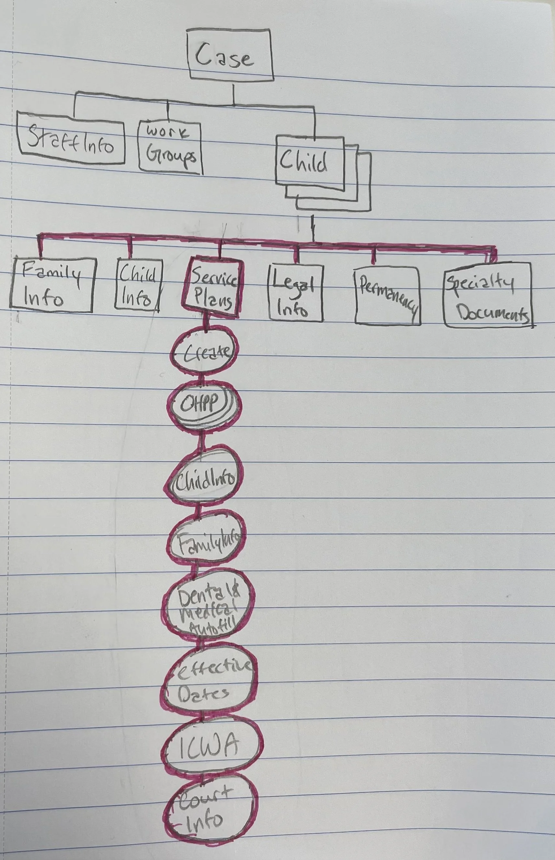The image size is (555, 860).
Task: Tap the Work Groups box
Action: coord(170,148)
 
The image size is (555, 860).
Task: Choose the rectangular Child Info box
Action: coord(138,285)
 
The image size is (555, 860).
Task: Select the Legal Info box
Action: coord(295,293)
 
